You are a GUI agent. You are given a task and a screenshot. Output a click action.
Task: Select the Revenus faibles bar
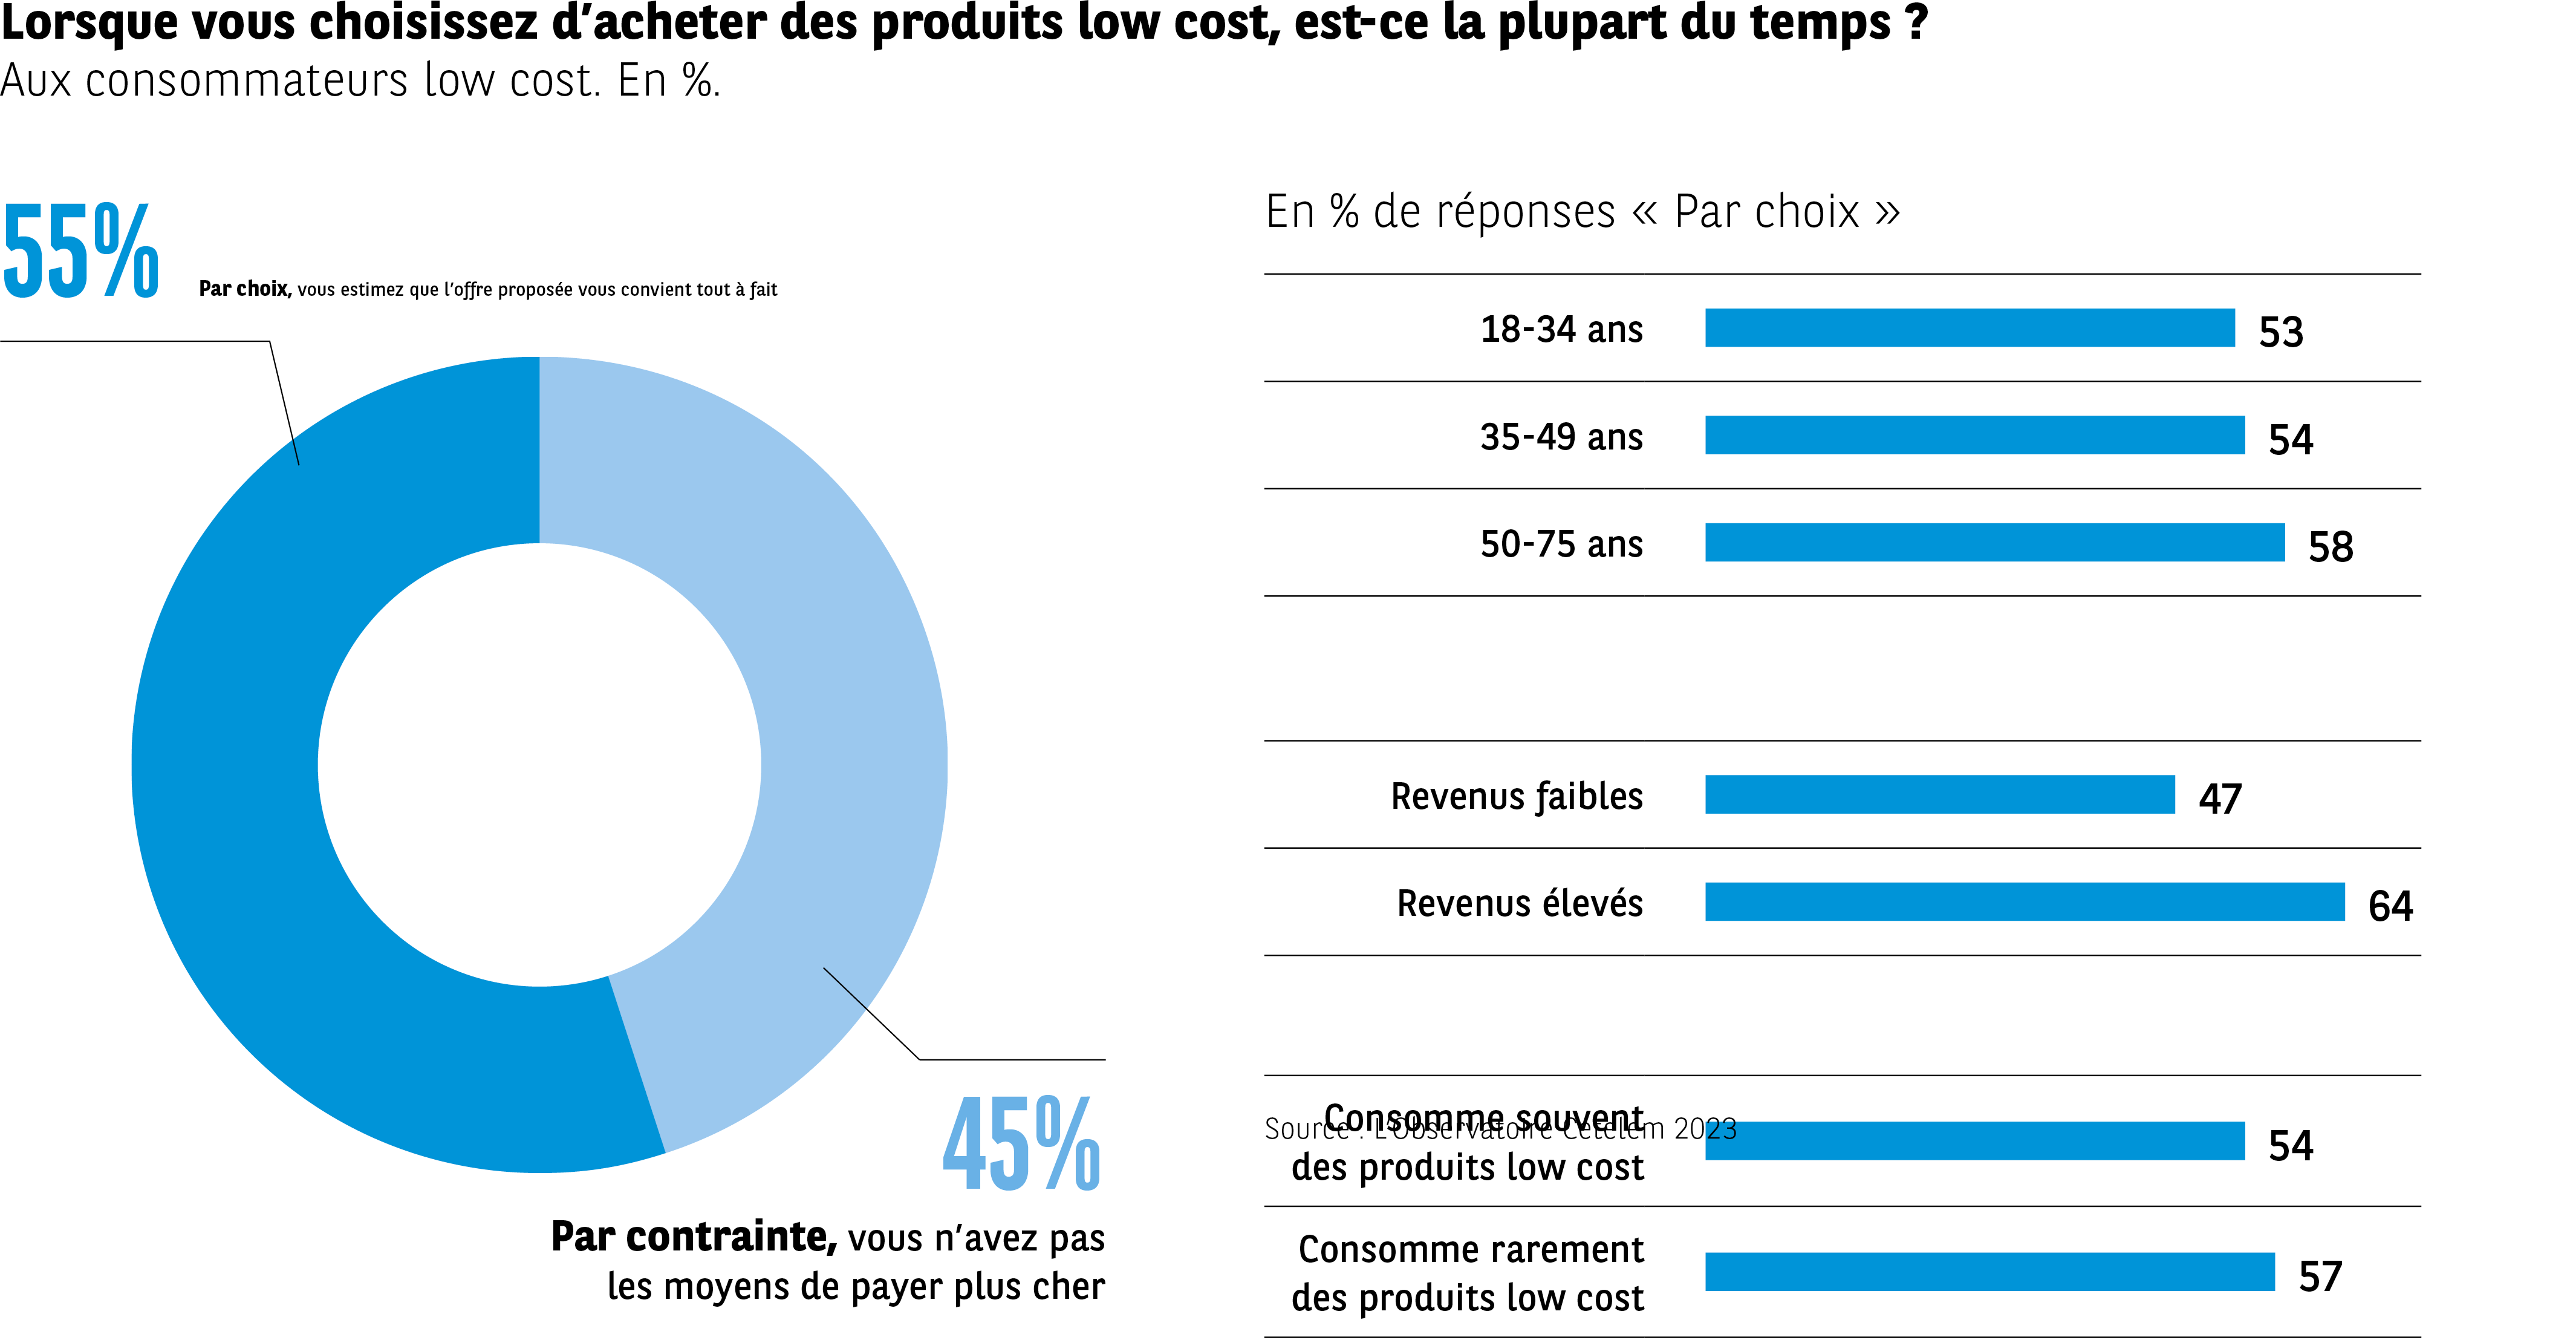pos(1939,794)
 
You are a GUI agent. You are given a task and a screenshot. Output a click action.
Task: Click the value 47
pos(2220,799)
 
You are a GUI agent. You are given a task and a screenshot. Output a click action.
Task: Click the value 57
pos(2320,1276)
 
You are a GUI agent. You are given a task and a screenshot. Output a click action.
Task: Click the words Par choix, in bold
pos(244,289)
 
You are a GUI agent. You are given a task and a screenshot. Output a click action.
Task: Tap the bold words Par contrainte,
pos(694,1237)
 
